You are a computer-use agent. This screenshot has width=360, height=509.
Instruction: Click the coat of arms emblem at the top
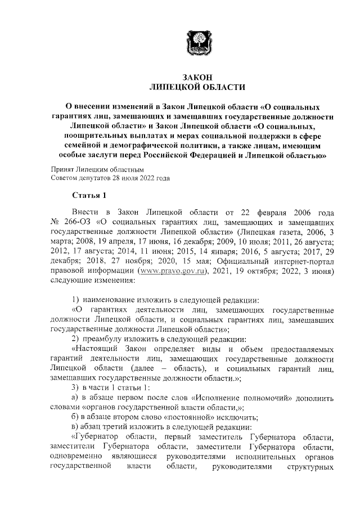pyautogui.click(x=197, y=42)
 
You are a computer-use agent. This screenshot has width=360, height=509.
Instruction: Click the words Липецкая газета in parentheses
pyautogui.click(x=264, y=232)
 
